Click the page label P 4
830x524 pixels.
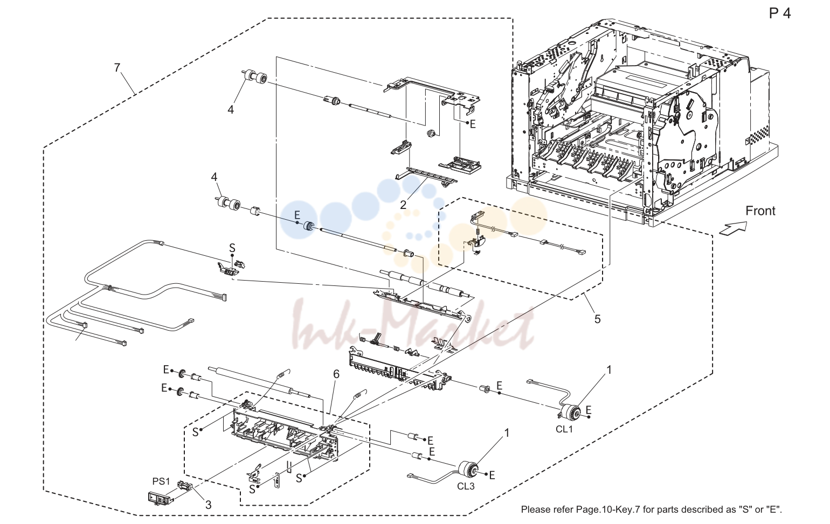[779, 13]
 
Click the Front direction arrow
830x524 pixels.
[732, 227]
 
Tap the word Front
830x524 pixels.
[760, 211]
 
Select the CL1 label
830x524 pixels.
[564, 429]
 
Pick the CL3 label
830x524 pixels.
[466, 486]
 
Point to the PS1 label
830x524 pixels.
[161, 481]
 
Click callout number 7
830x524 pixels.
[117, 68]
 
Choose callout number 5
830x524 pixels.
[597, 319]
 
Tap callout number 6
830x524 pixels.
[336, 374]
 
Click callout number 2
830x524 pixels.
[403, 205]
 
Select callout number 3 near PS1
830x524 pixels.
[208, 505]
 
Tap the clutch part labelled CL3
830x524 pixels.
[468, 469]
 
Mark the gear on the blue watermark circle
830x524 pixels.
[308, 226]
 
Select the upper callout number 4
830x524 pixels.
[231, 110]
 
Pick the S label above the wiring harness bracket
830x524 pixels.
[232, 248]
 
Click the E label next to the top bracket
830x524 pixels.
[473, 124]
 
